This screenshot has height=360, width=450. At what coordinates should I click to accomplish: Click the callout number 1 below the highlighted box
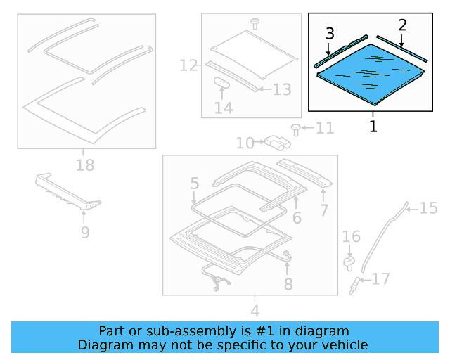[x=373, y=127]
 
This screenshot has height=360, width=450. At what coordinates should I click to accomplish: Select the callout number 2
[x=402, y=25]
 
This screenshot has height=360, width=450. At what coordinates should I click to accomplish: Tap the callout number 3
[x=330, y=33]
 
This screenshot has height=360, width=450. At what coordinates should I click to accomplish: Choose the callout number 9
[x=85, y=231]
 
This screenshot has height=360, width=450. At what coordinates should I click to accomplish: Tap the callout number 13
[x=281, y=89]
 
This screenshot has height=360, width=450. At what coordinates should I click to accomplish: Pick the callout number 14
[x=224, y=108]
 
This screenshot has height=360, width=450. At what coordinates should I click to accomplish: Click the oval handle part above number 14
[x=223, y=82]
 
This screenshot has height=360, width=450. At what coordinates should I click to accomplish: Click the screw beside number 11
[x=296, y=129]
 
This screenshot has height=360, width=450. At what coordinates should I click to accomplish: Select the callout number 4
[x=255, y=310]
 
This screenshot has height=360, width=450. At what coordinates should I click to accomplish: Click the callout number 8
[x=288, y=284]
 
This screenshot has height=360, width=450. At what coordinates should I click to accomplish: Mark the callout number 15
[x=428, y=207]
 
